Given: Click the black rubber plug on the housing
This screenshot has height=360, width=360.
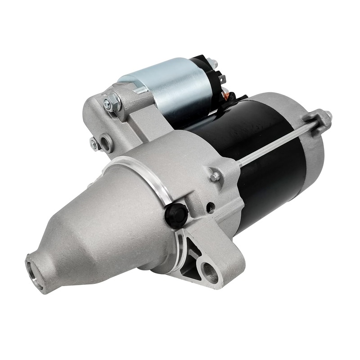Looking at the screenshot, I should pyautogui.click(x=176, y=215).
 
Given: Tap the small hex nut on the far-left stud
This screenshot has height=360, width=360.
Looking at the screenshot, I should pyautogui.click(x=94, y=144).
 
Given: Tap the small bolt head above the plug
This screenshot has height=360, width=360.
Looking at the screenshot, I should pyautogui.click(x=215, y=176).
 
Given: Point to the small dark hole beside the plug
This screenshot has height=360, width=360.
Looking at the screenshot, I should pyautogui.click(x=210, y=208).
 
